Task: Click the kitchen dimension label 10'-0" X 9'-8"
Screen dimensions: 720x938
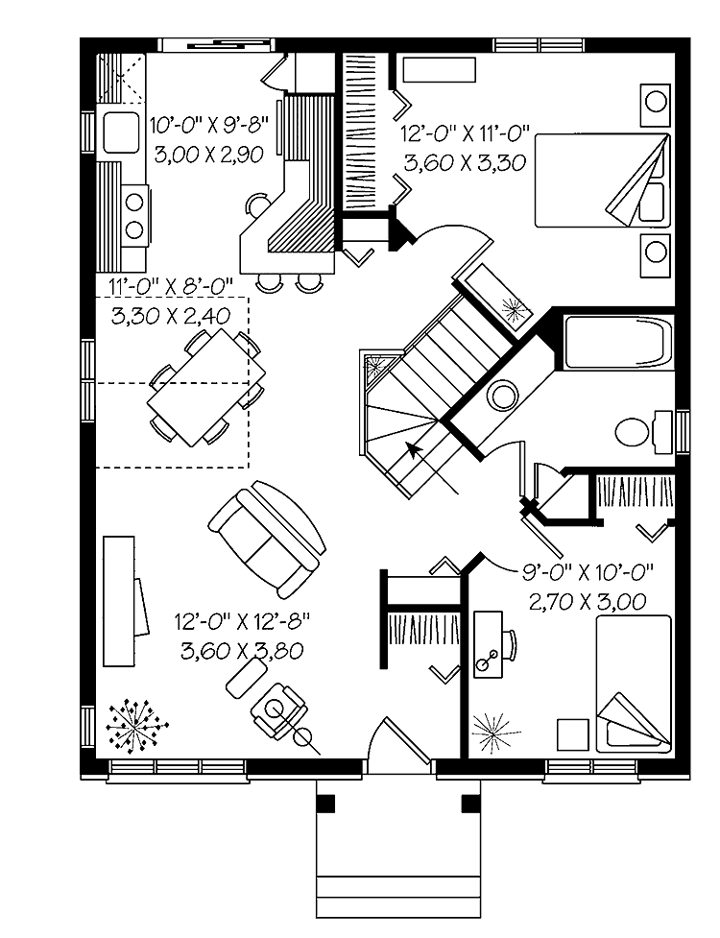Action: [x=208, y=126]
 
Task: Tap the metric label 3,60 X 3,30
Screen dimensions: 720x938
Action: [x=465, y=162]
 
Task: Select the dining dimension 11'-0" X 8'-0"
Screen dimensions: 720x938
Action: [x=171, y=286]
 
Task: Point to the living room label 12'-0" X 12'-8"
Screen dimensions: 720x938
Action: [x=242, y=621]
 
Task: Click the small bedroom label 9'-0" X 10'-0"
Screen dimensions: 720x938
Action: [x=588, y=571]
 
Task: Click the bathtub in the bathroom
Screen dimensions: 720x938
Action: [x=617, y=342]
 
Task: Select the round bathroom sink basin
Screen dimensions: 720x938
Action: [x=502, y=396]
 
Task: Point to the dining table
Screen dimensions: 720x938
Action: [x=207, y=387]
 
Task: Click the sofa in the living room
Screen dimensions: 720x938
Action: [x=266, y=539]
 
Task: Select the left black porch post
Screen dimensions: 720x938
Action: [x=325, y=803]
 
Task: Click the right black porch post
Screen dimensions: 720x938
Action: [x=471, y=803]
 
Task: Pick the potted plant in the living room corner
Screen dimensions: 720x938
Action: [x=136, y=726]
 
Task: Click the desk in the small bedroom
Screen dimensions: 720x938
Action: [x=488, y=643]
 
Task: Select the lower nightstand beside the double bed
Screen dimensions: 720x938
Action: [x=655, y=255]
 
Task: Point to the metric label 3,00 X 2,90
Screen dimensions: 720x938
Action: [x=208, y=155]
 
